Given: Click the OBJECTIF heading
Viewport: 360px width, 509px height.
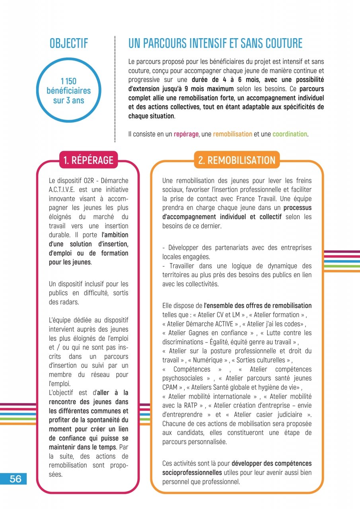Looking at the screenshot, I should click(69, 43).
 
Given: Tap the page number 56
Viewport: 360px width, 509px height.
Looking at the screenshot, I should click(16, 479).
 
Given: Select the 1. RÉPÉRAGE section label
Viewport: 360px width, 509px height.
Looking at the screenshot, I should click(88, 160).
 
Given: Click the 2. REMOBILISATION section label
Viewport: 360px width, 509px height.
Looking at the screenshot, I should click(237, 160).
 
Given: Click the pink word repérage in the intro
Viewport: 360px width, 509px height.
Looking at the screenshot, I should click(186, 134).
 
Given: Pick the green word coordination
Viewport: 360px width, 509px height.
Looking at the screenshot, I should click(290, 134).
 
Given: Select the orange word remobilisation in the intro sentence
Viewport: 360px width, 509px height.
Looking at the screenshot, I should click(232, 134).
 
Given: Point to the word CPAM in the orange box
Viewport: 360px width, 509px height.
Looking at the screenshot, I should click(170, 387).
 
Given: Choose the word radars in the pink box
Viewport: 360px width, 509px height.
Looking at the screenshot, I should click(70, 302).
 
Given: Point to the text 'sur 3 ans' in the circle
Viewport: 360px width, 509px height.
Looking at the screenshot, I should click(68, 100).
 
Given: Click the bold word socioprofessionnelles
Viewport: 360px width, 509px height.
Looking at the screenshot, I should click(192, 472).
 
